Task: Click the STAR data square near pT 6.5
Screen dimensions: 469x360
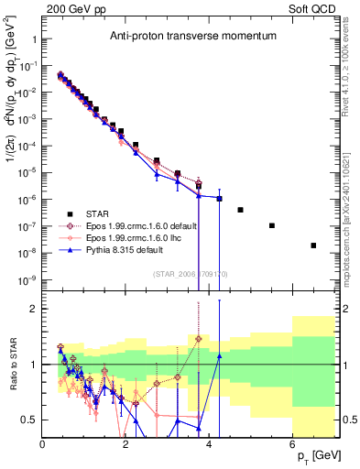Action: point(313,245)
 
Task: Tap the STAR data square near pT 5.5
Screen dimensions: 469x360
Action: point(272,225)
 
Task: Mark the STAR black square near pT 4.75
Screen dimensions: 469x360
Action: point(240,210)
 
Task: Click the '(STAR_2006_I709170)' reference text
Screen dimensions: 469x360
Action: point(189,272)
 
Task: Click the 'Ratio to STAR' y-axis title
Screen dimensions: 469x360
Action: point(11,365)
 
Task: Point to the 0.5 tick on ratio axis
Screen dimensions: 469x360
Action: point(29,420)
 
